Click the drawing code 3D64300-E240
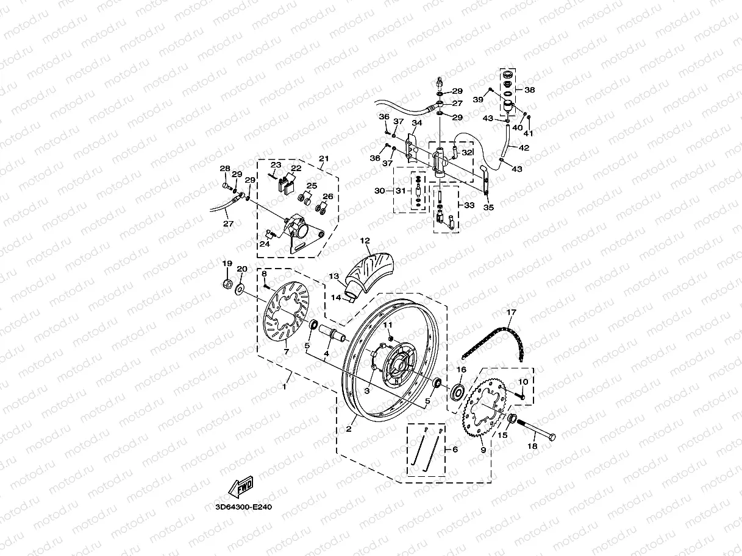coord(243,506)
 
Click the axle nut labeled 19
coord(227,284)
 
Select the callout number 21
coord(324,159)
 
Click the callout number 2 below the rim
coord(349,429)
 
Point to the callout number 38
coord(530,90)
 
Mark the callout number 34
coord(417,123)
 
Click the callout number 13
coord(334,276)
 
